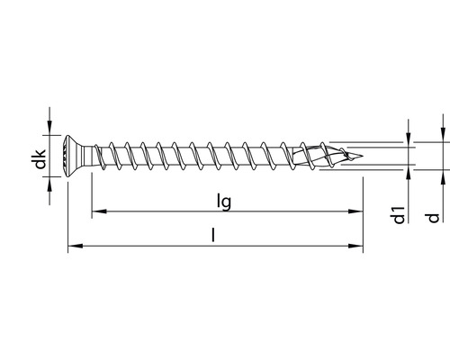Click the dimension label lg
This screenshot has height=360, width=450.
(x=225, y=202)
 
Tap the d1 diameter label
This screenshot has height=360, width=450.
(x=398, y=216)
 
